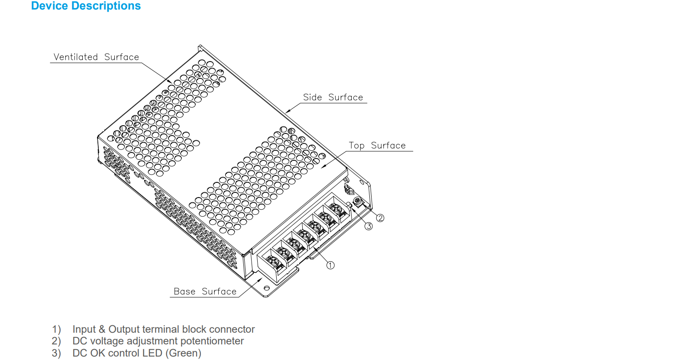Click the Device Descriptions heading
point(86,6)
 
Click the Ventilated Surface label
point(96,57)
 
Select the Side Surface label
point(333,97)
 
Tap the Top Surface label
point(377,146)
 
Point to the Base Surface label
point(205,292)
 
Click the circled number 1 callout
point(330,265)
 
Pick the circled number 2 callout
point(380,218)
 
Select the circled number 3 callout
point(368,226)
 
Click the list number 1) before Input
point(56,329)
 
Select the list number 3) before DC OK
point(56,353)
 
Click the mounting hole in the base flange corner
point(267,288)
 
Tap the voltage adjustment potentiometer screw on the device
point(358,201)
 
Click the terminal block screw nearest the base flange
point(274,261)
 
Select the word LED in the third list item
point(152,353)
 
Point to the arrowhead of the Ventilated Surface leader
point(171,83)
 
